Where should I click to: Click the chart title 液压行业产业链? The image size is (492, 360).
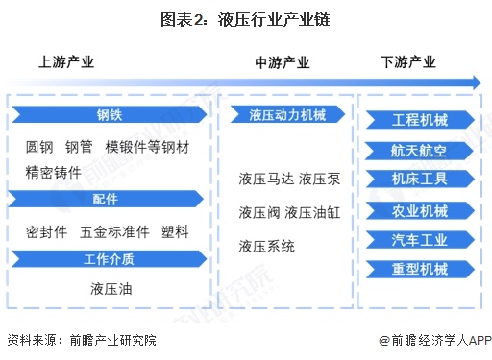[246, 18]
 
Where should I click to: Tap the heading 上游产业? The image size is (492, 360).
[66, 62]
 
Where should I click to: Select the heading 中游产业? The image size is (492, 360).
[283, 62]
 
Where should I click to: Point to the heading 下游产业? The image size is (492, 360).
[407, 62]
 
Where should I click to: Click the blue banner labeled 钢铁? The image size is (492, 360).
[109, 115]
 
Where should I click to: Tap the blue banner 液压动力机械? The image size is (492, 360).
[286, 115]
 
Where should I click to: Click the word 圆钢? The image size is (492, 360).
[40, 147]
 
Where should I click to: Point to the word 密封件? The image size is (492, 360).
[46, 232]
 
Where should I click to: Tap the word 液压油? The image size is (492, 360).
[110, 287]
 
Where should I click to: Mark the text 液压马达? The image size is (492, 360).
[265, 179]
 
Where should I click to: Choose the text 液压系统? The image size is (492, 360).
[267, 246]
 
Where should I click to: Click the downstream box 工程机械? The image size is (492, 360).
[420, 120]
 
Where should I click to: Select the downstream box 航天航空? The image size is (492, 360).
[420, 150]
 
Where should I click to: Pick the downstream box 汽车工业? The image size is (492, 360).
[420, 239]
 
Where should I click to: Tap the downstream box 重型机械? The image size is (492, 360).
[420, 269]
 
